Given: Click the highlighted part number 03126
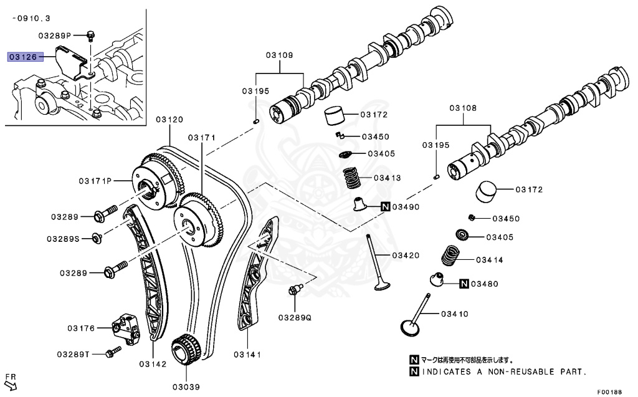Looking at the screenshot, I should [x=23, y=57].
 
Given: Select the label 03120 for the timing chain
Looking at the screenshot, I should [x=169, y=119].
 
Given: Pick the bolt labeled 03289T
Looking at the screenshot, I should [x=113, y=353].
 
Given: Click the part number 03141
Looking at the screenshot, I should [x=247, y=355].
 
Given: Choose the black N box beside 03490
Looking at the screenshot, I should [x=386, y=207].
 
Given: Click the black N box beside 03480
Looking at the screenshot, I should [x=464, y=284].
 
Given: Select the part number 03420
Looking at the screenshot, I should [x=406, y=256].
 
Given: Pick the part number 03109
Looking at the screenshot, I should [x=279, y=55].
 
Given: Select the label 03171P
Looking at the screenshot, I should [x=95, y=181].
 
